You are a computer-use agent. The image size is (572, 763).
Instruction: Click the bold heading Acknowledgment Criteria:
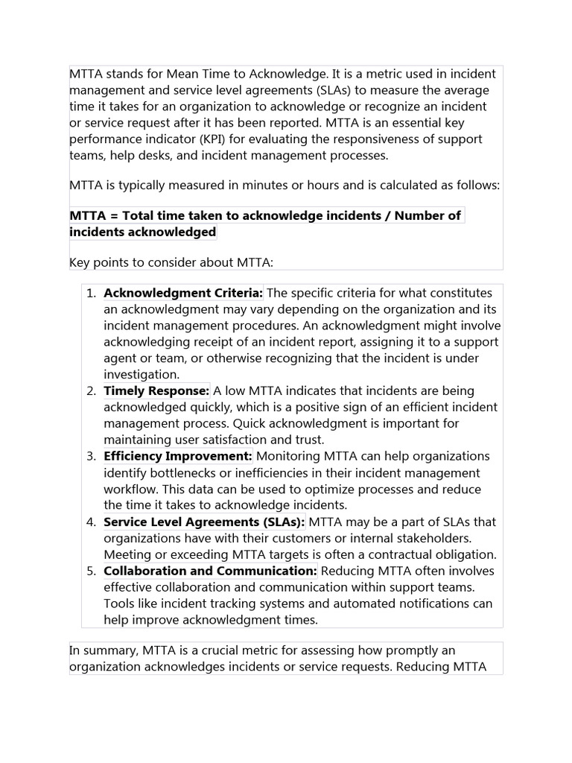point(183,293)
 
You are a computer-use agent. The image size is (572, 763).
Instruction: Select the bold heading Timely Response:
point(156,391)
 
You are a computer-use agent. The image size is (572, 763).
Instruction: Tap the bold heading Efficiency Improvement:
point(178,456)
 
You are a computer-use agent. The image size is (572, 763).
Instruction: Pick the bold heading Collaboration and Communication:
point(210,571)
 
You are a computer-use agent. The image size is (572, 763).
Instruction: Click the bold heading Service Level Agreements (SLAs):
point(204,522)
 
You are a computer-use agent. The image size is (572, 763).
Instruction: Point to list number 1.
point(90,293)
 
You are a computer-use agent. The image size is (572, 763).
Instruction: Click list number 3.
point(90,456)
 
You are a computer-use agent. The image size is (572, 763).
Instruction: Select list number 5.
point(90,571)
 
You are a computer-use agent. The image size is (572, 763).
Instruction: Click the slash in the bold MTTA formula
point(387,216)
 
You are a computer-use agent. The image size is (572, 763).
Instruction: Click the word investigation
point(142,375)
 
